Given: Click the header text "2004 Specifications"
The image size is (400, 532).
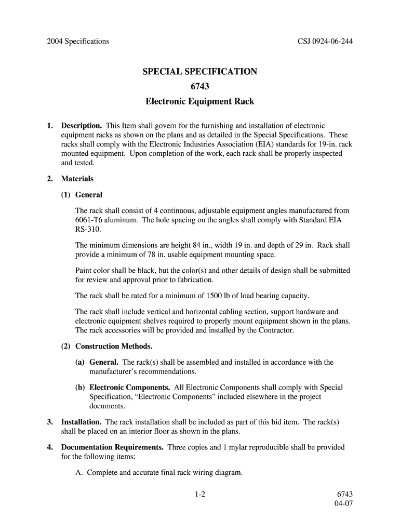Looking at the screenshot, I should pos(78,41).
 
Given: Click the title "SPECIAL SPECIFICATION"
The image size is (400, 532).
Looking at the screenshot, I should pos(200,71).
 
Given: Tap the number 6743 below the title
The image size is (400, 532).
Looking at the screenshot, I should pos(200,86).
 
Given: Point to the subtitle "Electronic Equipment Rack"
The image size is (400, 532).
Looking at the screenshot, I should pos(200,101).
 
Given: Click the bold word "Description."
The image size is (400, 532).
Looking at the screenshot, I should pos(82,126).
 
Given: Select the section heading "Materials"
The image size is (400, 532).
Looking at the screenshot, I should pos(77,179).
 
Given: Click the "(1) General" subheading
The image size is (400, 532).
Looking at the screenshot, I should pos(82,195).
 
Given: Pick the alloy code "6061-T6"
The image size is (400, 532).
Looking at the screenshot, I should pos(89,220).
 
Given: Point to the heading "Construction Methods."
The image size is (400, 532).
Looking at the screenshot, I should pos(114,346).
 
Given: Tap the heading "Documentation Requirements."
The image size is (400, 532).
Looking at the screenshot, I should pos(113,447).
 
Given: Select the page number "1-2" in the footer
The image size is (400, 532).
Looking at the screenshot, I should pos(201,495).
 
